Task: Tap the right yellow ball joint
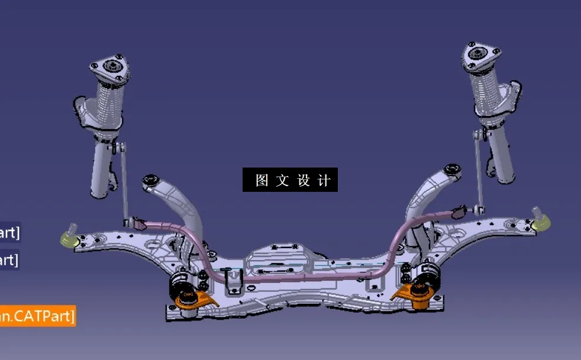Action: pyautogui.click(x=543, y=223)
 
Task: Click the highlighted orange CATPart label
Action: pyautogui.click(x=37, y=316)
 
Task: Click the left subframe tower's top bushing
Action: pyautogui.click(x=150, y=179)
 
